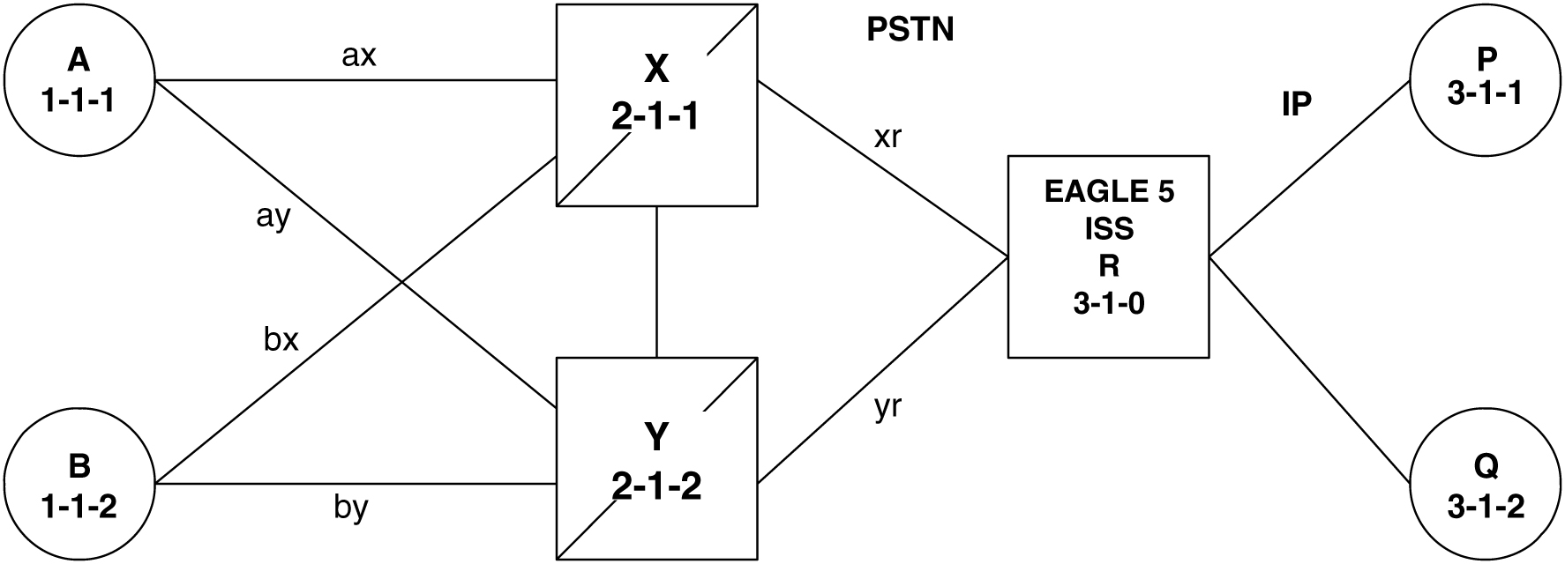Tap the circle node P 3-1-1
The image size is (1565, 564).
click(x=1486, y=81)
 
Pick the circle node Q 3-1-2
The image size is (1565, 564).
click(x=1486, y=483)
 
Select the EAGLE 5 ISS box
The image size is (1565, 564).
click(x=1108, y=256)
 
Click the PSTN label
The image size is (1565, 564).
click(x=910, y=32)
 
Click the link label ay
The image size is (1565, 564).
click(x=273, y=217)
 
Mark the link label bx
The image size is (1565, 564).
click(x=281, y=340)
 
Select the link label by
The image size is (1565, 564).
click(x=350, y=508)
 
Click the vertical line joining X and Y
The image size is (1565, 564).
click(x=657, y=282)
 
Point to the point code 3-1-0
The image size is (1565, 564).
click(x=1109, y=305)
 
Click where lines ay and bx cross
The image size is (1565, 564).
click(x=401, y=282)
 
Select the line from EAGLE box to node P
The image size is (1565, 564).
click(x=1309, y=170)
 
